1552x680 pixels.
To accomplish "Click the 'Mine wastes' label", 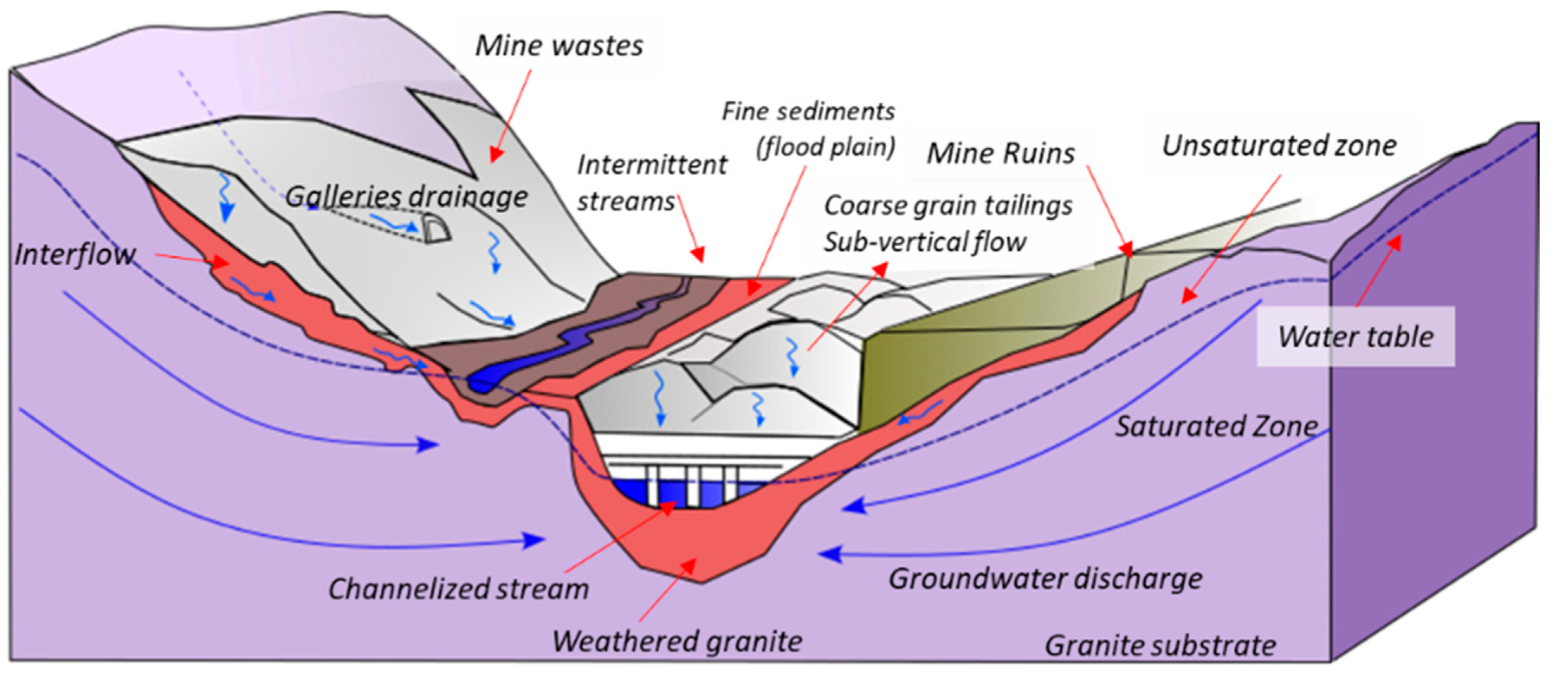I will click(559, 46).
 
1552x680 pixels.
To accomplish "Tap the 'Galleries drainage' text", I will click(406, 196).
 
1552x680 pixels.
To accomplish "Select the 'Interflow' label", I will click(74, 255).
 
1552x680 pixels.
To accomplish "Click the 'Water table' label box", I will click(1356, 336).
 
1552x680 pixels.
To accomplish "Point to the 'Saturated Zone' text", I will click(1216, 426).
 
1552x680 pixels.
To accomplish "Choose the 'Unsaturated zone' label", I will click(1279, 146).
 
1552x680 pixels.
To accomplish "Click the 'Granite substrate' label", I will click(1160, 645).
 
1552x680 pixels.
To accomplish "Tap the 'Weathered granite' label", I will click(677, 641).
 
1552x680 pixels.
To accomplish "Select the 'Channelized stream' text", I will click(458, 589).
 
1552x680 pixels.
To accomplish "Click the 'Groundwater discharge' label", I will click(1045, 579).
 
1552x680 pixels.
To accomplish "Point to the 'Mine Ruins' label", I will click(1000, 153).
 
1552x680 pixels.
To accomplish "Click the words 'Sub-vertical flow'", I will click(924, 242).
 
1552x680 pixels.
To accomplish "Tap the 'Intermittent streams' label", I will click(651, 183).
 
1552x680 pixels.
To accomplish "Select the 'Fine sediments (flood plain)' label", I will click(808, 129).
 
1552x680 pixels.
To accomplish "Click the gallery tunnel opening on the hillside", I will click(436, 230).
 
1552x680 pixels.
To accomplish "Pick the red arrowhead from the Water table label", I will click(1395, 242).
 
